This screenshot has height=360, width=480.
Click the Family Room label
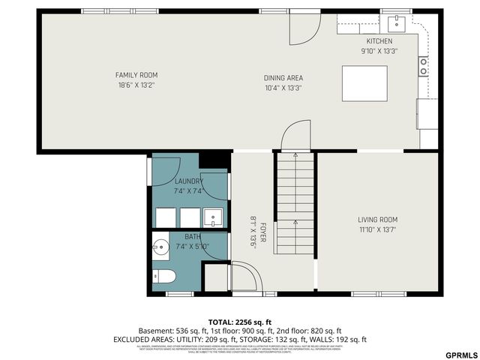coord(136,75)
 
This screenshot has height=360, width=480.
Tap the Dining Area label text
coord(283,78)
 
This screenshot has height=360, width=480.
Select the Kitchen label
coord(379,41)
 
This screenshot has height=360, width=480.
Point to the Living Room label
coord(376,220)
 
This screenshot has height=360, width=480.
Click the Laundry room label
coord(189,181)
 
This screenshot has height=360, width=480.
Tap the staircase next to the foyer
coord(295,202)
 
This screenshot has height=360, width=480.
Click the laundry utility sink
coord(214,218)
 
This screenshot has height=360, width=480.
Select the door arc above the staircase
coord(295,136)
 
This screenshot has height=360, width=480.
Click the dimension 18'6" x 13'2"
coord(136,85)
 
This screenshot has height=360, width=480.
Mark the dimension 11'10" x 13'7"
coord(376,229)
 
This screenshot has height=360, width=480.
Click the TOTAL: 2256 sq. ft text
coord(240,321)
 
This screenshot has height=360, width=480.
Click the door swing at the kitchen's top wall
coord(304,28)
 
